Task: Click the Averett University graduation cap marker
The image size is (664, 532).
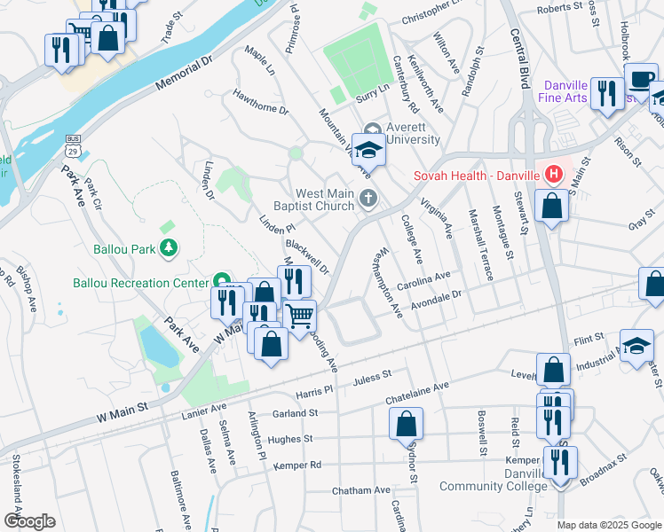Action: click(x=369, y=150)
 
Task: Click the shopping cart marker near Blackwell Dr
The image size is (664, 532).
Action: click(x=300, y=315)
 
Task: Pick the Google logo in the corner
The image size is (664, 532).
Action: click(x=29, y=520)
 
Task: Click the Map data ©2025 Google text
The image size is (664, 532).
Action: click(x=609, y=525)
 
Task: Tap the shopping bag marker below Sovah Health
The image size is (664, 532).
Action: click(x=552, y=206)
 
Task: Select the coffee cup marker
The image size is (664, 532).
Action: click(x=640, y=77)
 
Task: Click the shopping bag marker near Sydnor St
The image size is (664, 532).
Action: click(x=406, y=424)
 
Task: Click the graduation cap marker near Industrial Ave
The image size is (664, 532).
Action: click(x=636, y=346)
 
